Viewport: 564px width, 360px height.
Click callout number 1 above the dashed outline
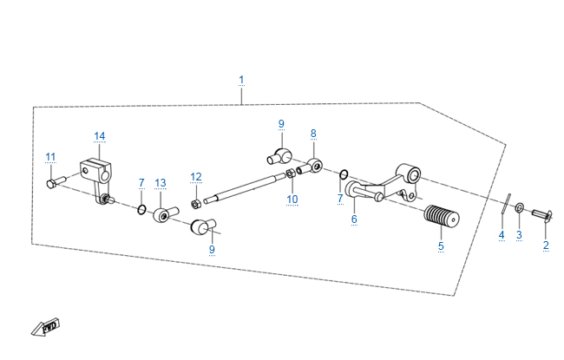241,81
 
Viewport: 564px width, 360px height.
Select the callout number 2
546,245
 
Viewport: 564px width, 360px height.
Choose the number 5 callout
440,246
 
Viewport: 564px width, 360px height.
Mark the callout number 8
313,134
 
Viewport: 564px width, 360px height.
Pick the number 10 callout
292,199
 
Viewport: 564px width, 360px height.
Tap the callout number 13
160,183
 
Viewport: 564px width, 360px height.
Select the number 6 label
354,220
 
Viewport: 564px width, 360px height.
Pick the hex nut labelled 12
196,205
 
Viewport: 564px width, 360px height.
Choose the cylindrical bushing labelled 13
162,213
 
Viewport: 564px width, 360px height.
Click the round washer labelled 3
519,208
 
